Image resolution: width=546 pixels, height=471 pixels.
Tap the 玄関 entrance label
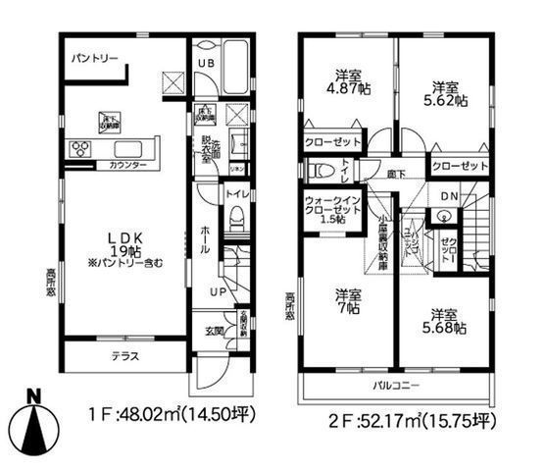[215, 331]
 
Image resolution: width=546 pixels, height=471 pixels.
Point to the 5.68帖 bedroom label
[444, 321]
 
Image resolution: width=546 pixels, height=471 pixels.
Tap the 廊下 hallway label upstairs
[395, 173]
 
